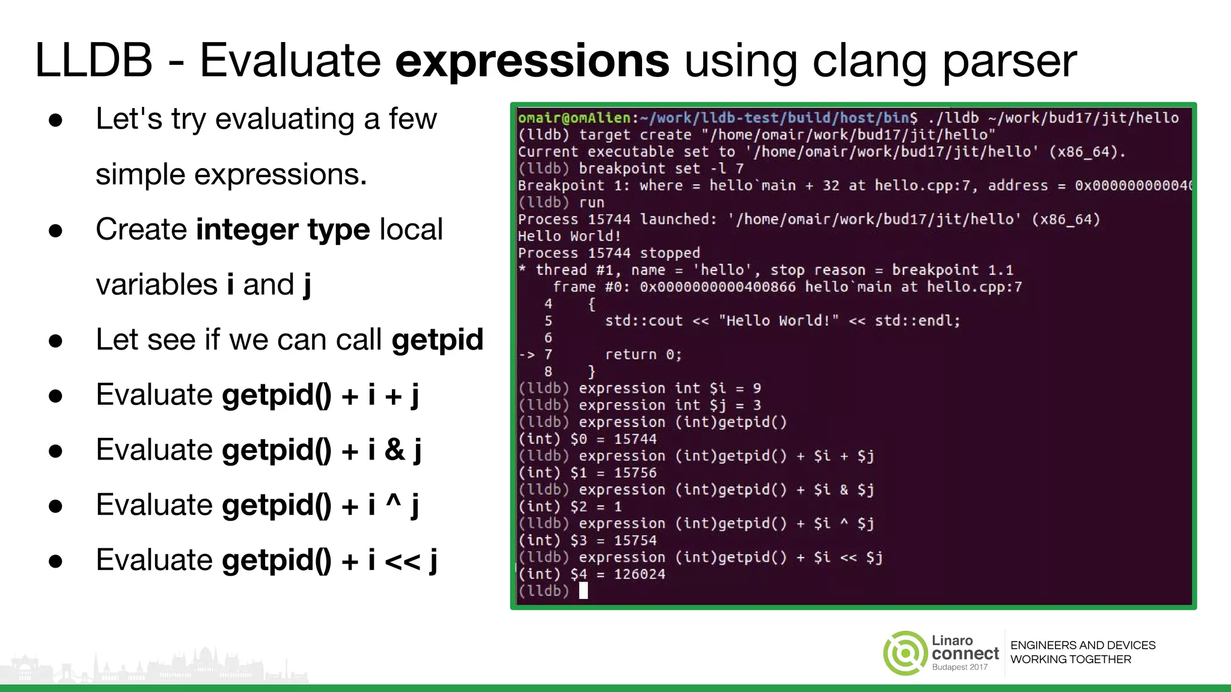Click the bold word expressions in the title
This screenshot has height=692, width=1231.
(532, 61)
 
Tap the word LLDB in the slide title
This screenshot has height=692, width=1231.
(94, 61)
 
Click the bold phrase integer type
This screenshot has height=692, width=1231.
(283, 230)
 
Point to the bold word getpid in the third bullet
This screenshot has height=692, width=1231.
(438, 340)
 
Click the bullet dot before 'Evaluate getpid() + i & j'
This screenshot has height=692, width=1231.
(56, 451)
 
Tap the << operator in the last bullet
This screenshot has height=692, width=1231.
(402, 560)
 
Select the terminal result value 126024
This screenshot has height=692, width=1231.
(640, 574)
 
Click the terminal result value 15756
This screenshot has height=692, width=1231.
(635, 473)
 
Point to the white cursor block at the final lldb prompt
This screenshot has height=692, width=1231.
(583, 591)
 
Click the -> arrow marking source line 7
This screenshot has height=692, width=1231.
(527, 354)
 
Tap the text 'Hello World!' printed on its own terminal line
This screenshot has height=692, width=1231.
(569, 236)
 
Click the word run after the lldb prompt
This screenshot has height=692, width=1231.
(591, 202)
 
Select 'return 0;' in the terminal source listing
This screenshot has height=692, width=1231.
(643, 354)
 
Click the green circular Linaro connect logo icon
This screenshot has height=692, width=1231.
(905, 653)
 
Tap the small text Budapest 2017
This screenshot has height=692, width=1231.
(959, 667)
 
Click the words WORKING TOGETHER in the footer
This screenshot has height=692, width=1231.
(1071, 660)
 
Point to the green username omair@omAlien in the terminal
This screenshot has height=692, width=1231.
(574, 118)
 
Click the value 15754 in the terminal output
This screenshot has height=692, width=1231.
(635, 541)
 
